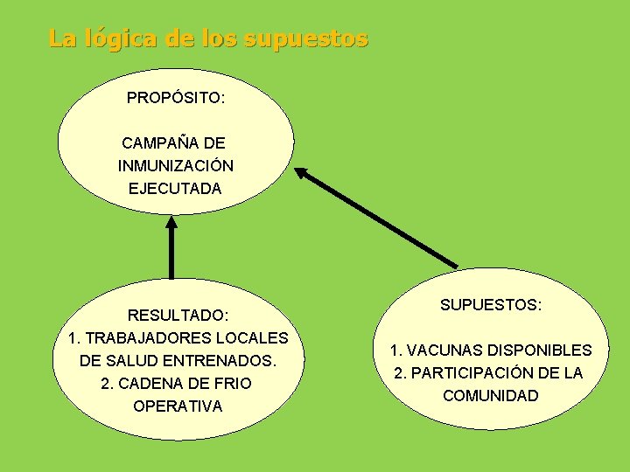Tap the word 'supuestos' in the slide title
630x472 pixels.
pos(306,40)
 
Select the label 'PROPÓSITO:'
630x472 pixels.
pos(175,98)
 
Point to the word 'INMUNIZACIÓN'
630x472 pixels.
pos(175,165)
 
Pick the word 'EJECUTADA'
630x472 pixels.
pos(175,188)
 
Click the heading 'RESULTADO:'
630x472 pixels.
pos(178,315)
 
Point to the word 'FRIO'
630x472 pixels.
pos(231,383)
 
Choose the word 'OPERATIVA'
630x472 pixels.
pos(178,406)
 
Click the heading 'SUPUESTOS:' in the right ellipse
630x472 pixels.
pos(490,305)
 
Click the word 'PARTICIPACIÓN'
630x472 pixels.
pos(468,373)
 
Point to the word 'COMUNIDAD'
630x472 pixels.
pos(490,396)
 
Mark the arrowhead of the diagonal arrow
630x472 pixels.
pos(301,172)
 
